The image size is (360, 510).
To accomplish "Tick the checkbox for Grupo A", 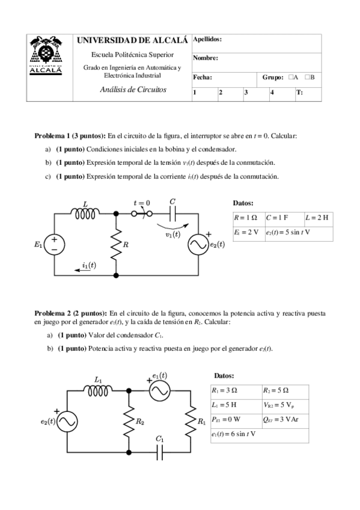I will pos(290,78).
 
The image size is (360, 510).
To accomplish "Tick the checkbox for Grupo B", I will pos(307,78).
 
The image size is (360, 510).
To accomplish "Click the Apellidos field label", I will pos(207,39).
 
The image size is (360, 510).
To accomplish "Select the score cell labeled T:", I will pos(308,93).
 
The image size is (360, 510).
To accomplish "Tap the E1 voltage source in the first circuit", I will pos(55,244).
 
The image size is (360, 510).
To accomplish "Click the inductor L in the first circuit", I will pos(85,214).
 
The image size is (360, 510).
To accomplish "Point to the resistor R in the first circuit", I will pos(115,244).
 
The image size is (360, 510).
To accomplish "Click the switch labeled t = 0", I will pos(141,214).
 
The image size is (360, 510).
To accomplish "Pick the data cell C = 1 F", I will pos(283,217).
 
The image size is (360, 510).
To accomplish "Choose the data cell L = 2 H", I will pos(317,217).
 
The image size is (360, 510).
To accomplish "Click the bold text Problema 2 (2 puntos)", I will pos(70,313).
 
